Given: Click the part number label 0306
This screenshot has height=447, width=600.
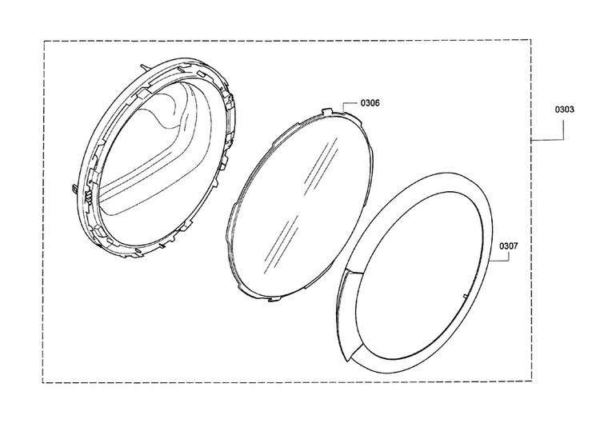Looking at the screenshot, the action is pyautogui.click(x=370, y=103).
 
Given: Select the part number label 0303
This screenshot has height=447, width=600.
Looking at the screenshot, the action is pyautogui.click(x=565, y=110).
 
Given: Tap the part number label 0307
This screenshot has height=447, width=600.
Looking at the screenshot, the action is pyautogui.click(x=509, y=245).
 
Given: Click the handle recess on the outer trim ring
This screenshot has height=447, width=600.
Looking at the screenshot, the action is pyautogui.click(x=346, y=313).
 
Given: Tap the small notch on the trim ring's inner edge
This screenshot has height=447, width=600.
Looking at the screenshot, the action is pyautogui.click(x=465, y=297).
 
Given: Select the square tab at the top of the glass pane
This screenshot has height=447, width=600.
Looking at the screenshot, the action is pyautogui.click(x=326, y=110).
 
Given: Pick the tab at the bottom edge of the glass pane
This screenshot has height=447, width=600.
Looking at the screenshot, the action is pyautogui.click(x=274, y=299).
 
